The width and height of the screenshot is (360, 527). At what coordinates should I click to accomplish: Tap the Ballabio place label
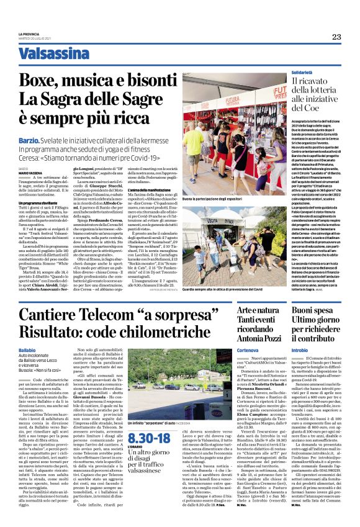[x=27, y=351]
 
